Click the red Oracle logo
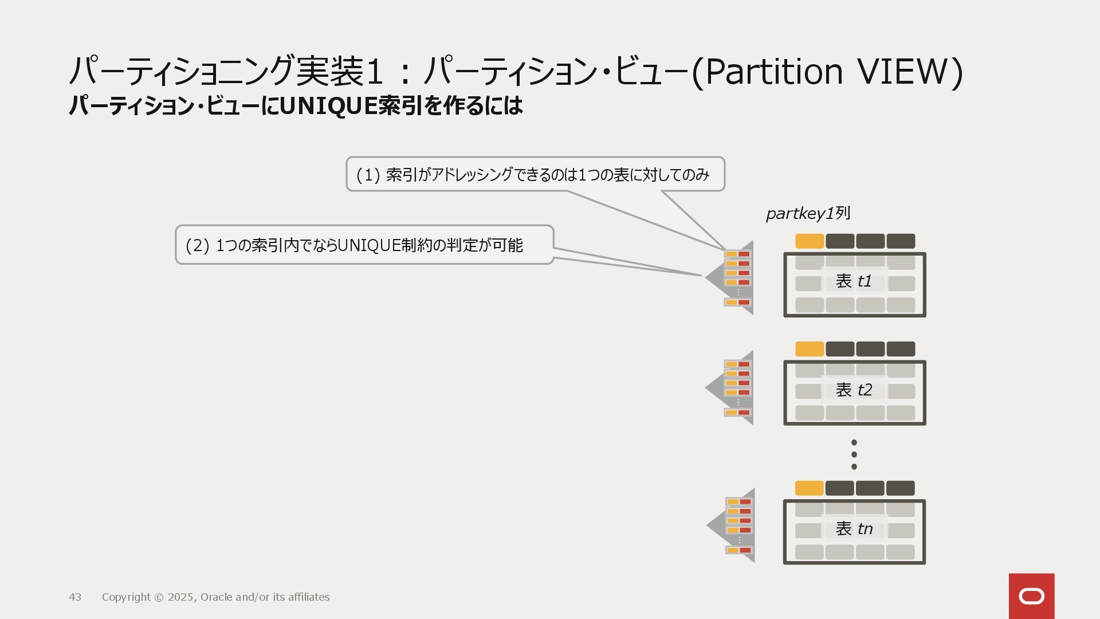pos(1031,596)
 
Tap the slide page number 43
pos(75,597)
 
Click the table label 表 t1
pos(854,281)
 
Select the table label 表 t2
pos(854,390)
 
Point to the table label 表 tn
pos(854,529)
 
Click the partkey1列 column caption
pos(808,214)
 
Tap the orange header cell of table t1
pos(810,241)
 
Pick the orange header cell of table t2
pos(810,349)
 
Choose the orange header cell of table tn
pos(810,488)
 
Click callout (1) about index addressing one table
pos(535,174)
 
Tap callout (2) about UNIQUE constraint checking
pos(364,245)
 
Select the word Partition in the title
pos(773,72)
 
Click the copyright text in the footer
pos(215,597)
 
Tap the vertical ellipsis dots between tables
pos(854,455)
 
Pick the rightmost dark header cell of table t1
pos(901,241)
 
